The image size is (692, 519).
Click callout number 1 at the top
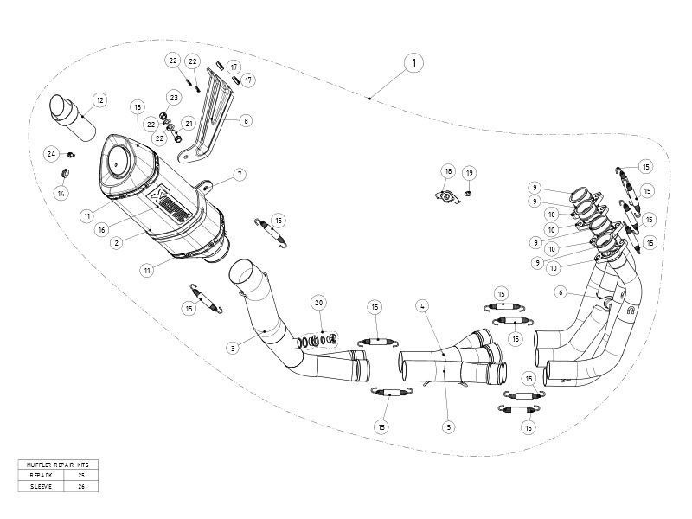414,63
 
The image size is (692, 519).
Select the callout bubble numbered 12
99,101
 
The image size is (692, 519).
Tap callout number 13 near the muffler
137,106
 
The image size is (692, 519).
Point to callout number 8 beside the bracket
247,121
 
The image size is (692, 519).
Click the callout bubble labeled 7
240,175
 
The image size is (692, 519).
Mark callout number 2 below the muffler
116,243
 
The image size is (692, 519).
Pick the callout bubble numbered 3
233,349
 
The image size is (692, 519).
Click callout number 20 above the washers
319,304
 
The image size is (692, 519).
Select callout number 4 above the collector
421,305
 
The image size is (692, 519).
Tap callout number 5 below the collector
448,426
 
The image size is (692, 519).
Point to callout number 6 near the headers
561,293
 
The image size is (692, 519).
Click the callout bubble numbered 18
447,170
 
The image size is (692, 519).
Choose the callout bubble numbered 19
470,173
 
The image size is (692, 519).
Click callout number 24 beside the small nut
51,154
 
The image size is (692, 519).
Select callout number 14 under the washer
61,194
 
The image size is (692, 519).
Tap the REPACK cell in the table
42,476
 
